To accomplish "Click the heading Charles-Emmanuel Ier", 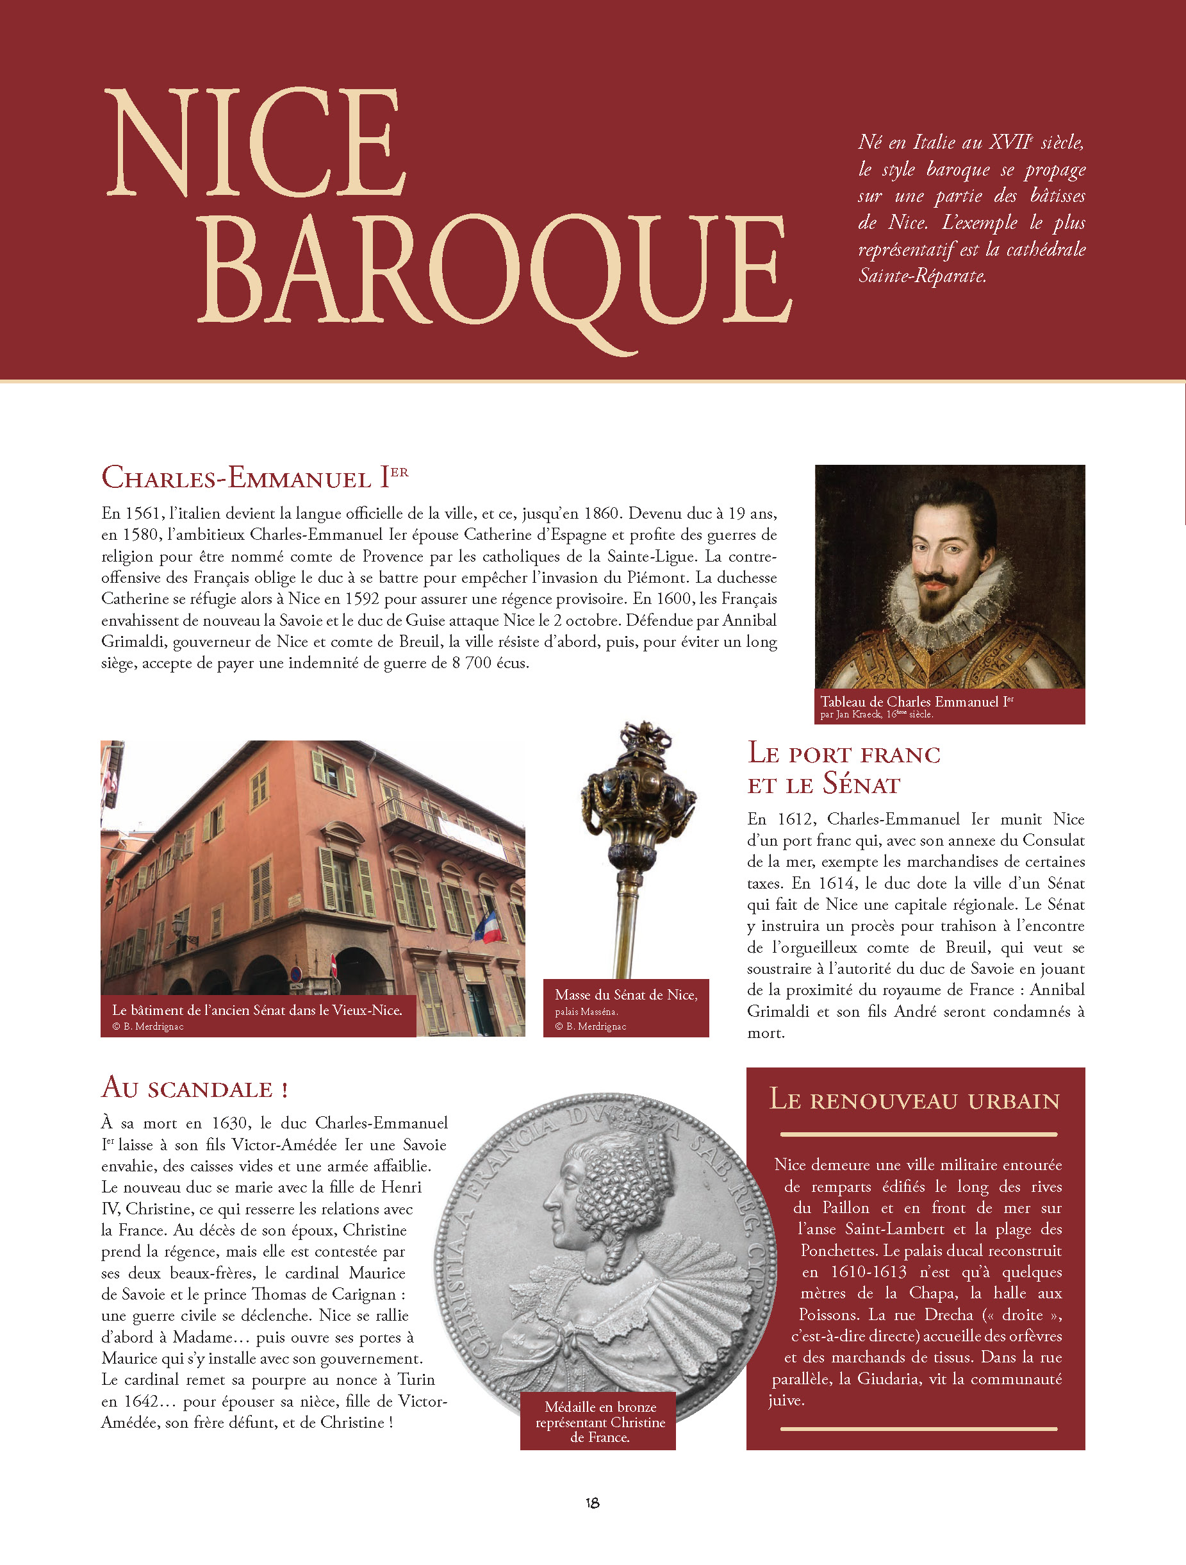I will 254,478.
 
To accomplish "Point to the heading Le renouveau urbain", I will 914,1100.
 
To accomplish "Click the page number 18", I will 593,1503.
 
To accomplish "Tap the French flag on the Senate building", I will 489,928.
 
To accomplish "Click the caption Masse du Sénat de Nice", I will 626,995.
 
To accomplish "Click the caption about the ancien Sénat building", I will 257,1010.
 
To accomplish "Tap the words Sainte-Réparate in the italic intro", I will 921,276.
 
